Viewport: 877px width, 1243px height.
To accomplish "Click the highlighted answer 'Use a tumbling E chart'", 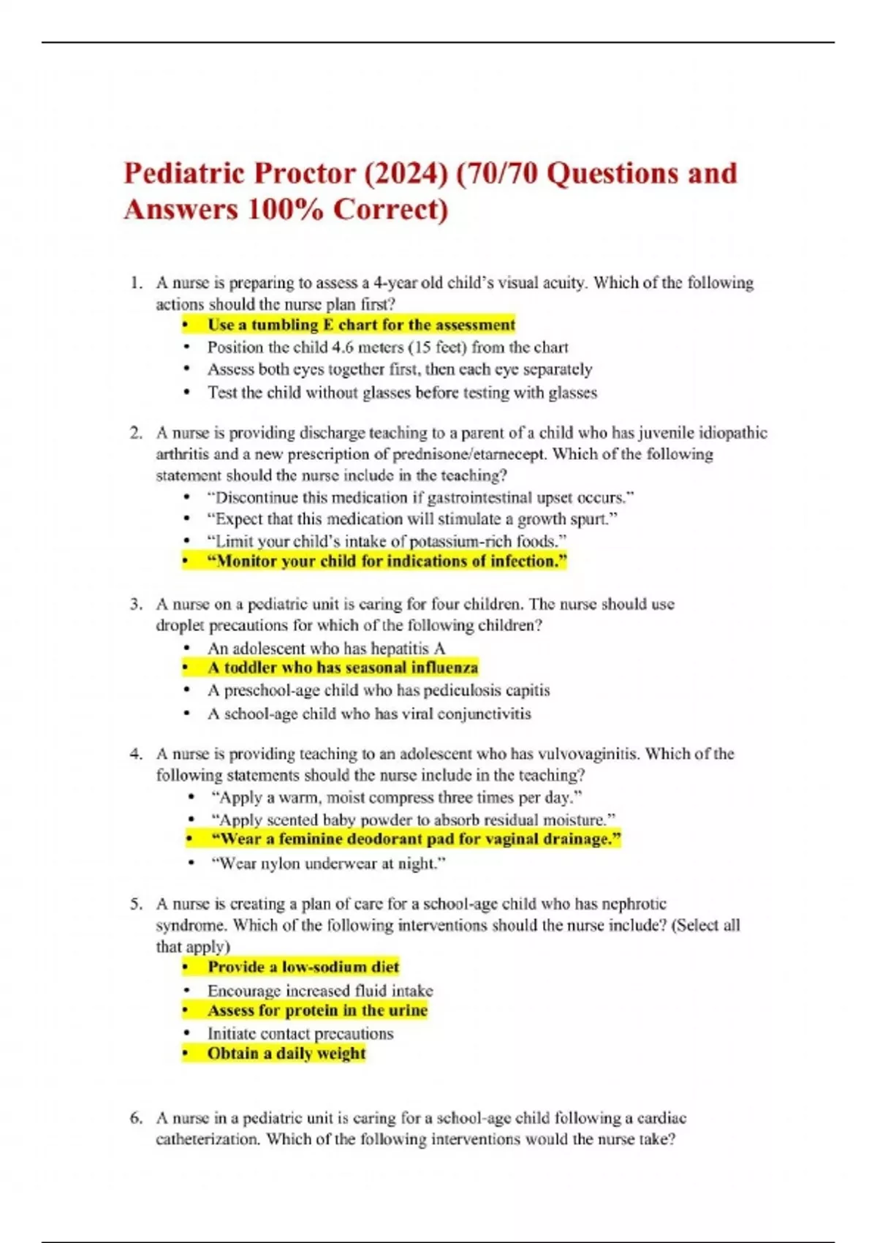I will coord(361,325).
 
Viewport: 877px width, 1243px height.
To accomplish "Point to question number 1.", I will coord(135,283).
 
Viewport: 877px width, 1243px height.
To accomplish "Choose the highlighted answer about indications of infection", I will coord(387,562).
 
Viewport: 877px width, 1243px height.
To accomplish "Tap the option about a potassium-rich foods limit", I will coord(387,541).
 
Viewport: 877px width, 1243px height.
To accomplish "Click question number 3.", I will coord(135,605).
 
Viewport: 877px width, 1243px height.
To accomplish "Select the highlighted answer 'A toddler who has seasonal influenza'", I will coord(342,668).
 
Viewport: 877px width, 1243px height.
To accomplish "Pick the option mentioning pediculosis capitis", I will coord(378,690).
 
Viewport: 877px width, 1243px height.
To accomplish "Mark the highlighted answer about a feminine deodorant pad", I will coord(416,839).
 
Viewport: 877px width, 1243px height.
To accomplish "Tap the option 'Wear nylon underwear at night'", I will coord(327,864).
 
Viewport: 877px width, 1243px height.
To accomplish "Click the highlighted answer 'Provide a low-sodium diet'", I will coord(303,967).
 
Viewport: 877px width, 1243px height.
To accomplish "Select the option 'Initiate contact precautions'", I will coord(300,1034).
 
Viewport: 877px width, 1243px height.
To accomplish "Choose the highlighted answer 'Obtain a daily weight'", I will coord(286,1054).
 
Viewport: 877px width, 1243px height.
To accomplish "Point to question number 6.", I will coord(135,1118).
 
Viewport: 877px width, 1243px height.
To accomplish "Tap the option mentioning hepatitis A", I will coord(326,649).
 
